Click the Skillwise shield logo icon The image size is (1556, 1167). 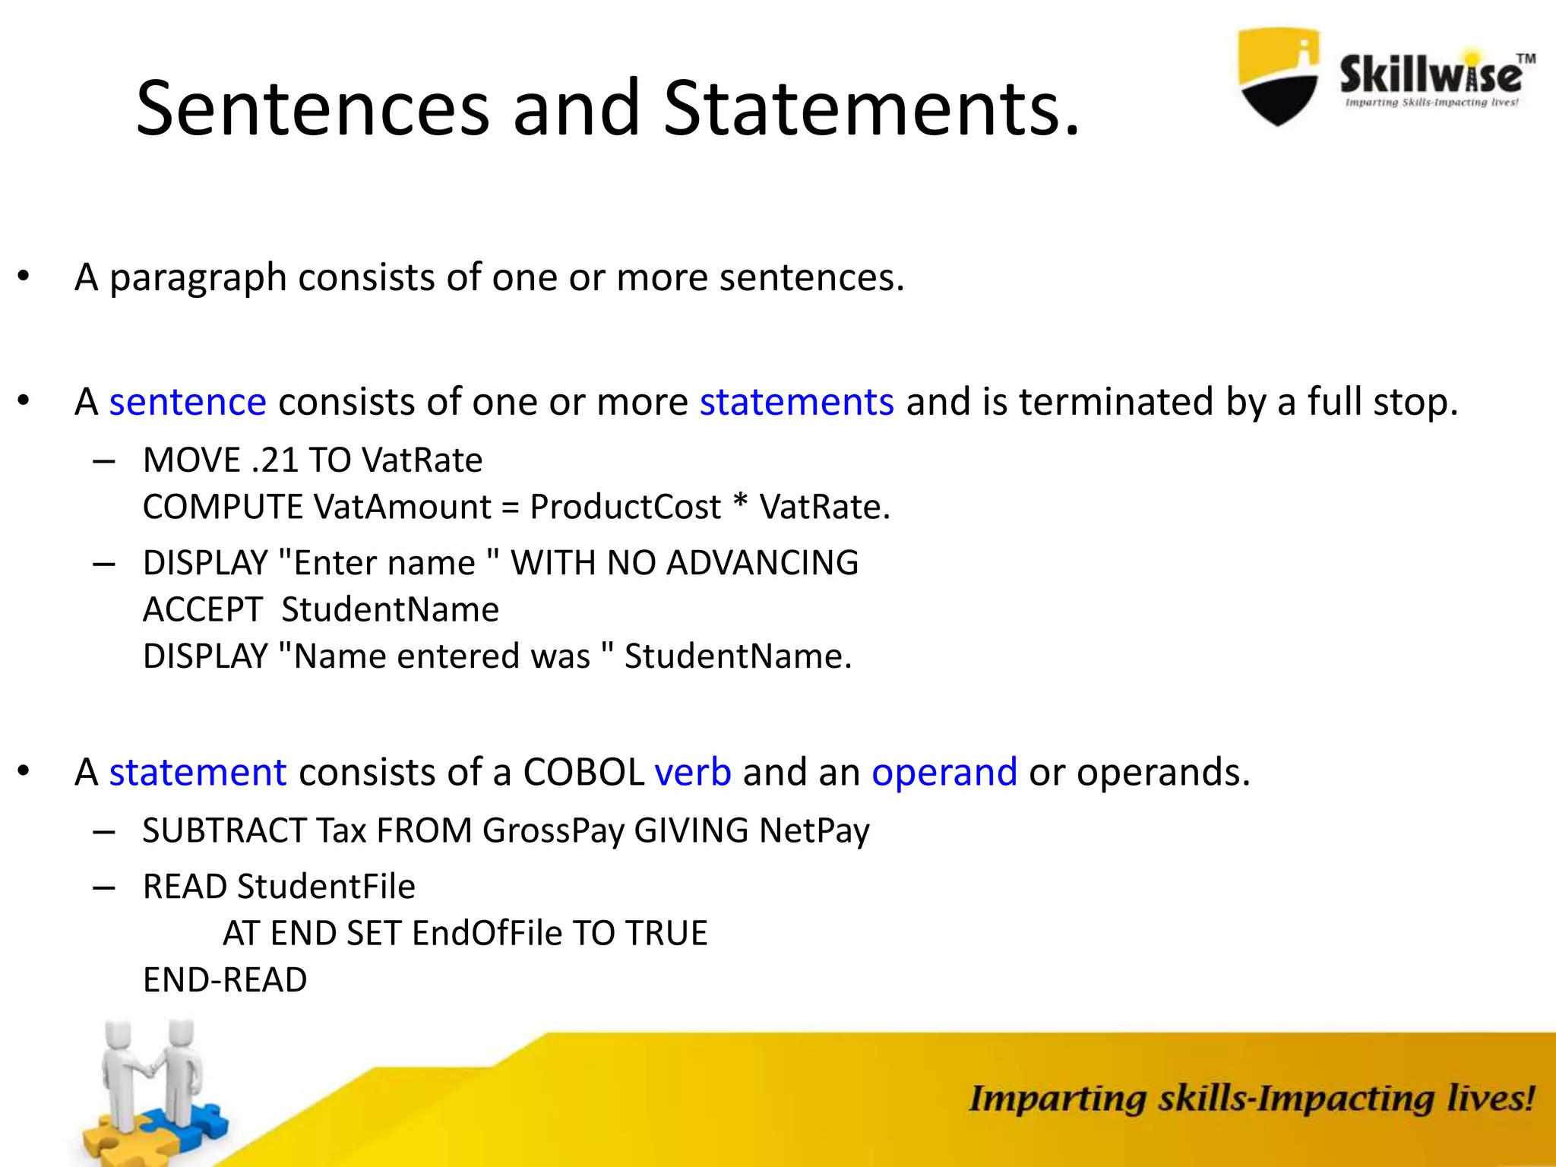pos(1279,77)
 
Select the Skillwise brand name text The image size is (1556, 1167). pos(1431,75)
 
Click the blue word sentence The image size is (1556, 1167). pos(188,402)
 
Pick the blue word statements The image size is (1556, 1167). pos(796,402)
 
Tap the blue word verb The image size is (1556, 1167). pos(693,773)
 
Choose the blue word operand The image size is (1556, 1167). pos(944,773)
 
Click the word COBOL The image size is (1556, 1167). pos(583,773)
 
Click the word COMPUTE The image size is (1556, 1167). pos(223,508)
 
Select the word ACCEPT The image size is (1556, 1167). pos(203,610)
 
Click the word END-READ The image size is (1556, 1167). pos(225,980)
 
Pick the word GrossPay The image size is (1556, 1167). pos(553,830)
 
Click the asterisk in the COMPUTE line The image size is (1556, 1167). pos(740,504)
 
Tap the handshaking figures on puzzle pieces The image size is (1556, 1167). pos(152,1086)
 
